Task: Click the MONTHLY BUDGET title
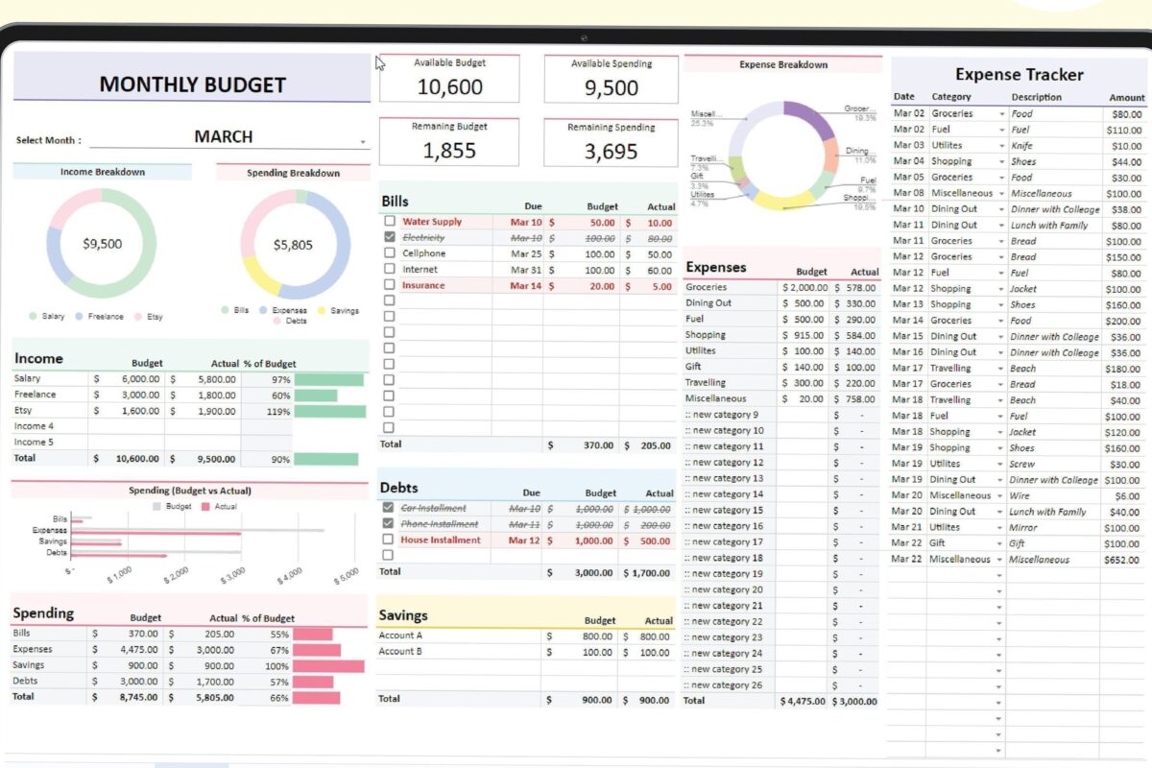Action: (x=192, y=84)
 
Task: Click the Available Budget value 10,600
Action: (x=449, y=86)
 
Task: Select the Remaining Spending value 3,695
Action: (x=612, y=151)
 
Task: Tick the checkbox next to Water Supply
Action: (x=389, y=222)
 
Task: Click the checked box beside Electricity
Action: (x=389, y=236)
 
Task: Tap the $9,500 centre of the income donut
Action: (x=102, y=244)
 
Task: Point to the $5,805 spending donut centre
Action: (x=293, y=245)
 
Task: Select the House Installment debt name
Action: (x=441, y=540)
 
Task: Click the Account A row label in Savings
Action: (x=400, y=636)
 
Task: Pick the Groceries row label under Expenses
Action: (x=706, y=287)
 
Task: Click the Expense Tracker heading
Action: (x=1019, y=75)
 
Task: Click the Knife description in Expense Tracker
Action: (x=1021, y=145)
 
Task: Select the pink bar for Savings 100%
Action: (x=328, y=665)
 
